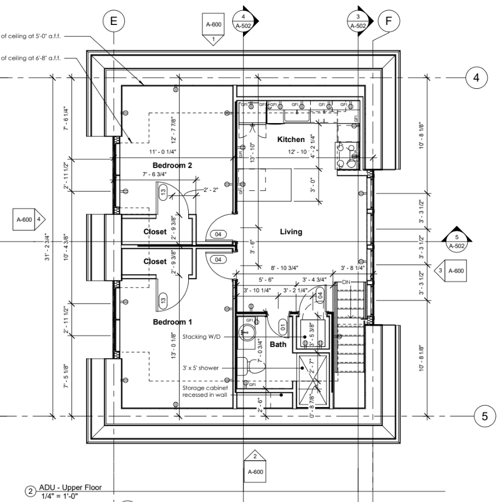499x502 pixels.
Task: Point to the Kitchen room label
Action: click(x=291, y=139)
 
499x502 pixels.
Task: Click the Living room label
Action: click(x=291, y=232)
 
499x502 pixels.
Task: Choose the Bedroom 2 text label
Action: click(x=172, y=165)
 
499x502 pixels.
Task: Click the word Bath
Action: click(x=278, y=344)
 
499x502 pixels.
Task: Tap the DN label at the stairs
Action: click(x=347, y=282)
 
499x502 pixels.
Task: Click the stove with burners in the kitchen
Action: click(x=347, y=157)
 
